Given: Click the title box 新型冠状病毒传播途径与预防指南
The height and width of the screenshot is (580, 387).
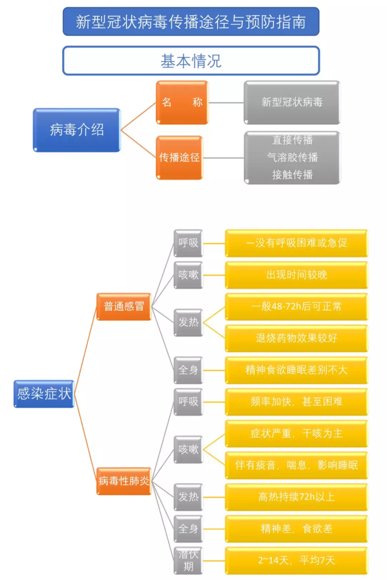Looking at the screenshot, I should [191, 22].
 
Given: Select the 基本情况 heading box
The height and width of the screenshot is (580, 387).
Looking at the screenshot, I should [191, 60].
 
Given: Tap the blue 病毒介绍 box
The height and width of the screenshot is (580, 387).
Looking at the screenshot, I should [77, 130].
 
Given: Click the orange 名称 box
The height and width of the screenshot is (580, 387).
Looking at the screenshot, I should [182, 102].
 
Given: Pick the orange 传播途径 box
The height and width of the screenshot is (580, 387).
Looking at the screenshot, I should [180, 157].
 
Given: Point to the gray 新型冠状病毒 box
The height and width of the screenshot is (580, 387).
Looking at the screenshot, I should [292, 102].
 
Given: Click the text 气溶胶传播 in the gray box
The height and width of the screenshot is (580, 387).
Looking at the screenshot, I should [292, 157].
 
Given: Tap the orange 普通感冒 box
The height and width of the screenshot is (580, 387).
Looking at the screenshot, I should [124, 306].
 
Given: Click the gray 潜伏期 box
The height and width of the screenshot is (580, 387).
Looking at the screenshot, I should [188, 560].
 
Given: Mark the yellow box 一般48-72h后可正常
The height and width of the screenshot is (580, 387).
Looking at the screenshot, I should [296, 306].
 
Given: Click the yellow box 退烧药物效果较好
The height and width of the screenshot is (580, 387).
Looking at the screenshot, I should [296, 338].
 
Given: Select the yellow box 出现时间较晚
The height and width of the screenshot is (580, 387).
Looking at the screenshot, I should [296, 275].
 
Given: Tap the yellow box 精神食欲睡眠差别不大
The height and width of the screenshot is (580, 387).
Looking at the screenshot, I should [296, 370].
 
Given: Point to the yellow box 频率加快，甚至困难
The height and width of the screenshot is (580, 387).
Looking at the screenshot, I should [296, 402].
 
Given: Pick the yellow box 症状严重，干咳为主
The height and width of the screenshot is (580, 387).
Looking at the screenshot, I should [296, 433].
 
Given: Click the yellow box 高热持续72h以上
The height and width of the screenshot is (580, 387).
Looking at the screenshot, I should [296, 497].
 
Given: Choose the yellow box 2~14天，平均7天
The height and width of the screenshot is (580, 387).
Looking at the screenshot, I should [296, 560].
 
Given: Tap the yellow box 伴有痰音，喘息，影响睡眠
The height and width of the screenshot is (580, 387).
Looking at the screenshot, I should [296, 465].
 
